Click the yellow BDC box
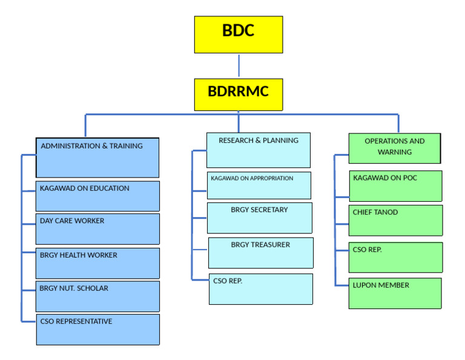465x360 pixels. [x=238, y=35]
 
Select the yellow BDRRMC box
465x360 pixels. [x=238, y=94]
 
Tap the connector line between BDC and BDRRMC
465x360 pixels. [x=239, y=65]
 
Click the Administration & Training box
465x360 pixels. [x=97, y=158]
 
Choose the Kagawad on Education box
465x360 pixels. [x=98, y=196]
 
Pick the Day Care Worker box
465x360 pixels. [x=98, y=228]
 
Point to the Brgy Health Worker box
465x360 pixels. [x=98, y=263]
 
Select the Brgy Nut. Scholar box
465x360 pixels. [x=98, y=296]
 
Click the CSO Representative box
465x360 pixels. [x=98, y=329]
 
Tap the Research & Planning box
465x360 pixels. [x=259, y=150]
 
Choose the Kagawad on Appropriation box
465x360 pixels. [x=259, y=185]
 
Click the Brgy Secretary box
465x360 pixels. [x=260, y=218]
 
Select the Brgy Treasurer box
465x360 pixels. [x=261, y=253]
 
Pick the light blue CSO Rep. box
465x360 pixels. [x=261, y=289]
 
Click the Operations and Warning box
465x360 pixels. [x=395, y=148]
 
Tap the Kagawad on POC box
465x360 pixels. [x=396, y=186]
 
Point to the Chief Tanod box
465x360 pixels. [x=396, y=220]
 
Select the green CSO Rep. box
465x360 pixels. [x=396, y=258]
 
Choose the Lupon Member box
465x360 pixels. [x=395, y=293]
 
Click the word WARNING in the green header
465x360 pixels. [x=395, y=152]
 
